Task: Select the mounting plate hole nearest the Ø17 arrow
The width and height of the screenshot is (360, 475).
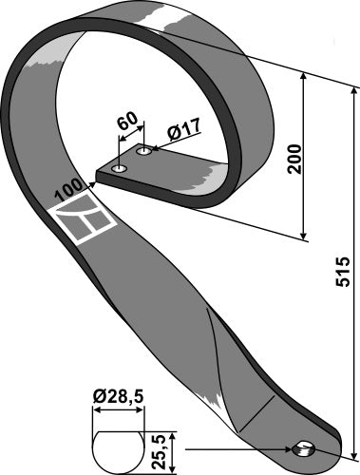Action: pyautogui.click(x=144, y=151)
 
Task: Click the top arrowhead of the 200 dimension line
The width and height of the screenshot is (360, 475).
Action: pyautogui.click(x=305, y=79)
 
